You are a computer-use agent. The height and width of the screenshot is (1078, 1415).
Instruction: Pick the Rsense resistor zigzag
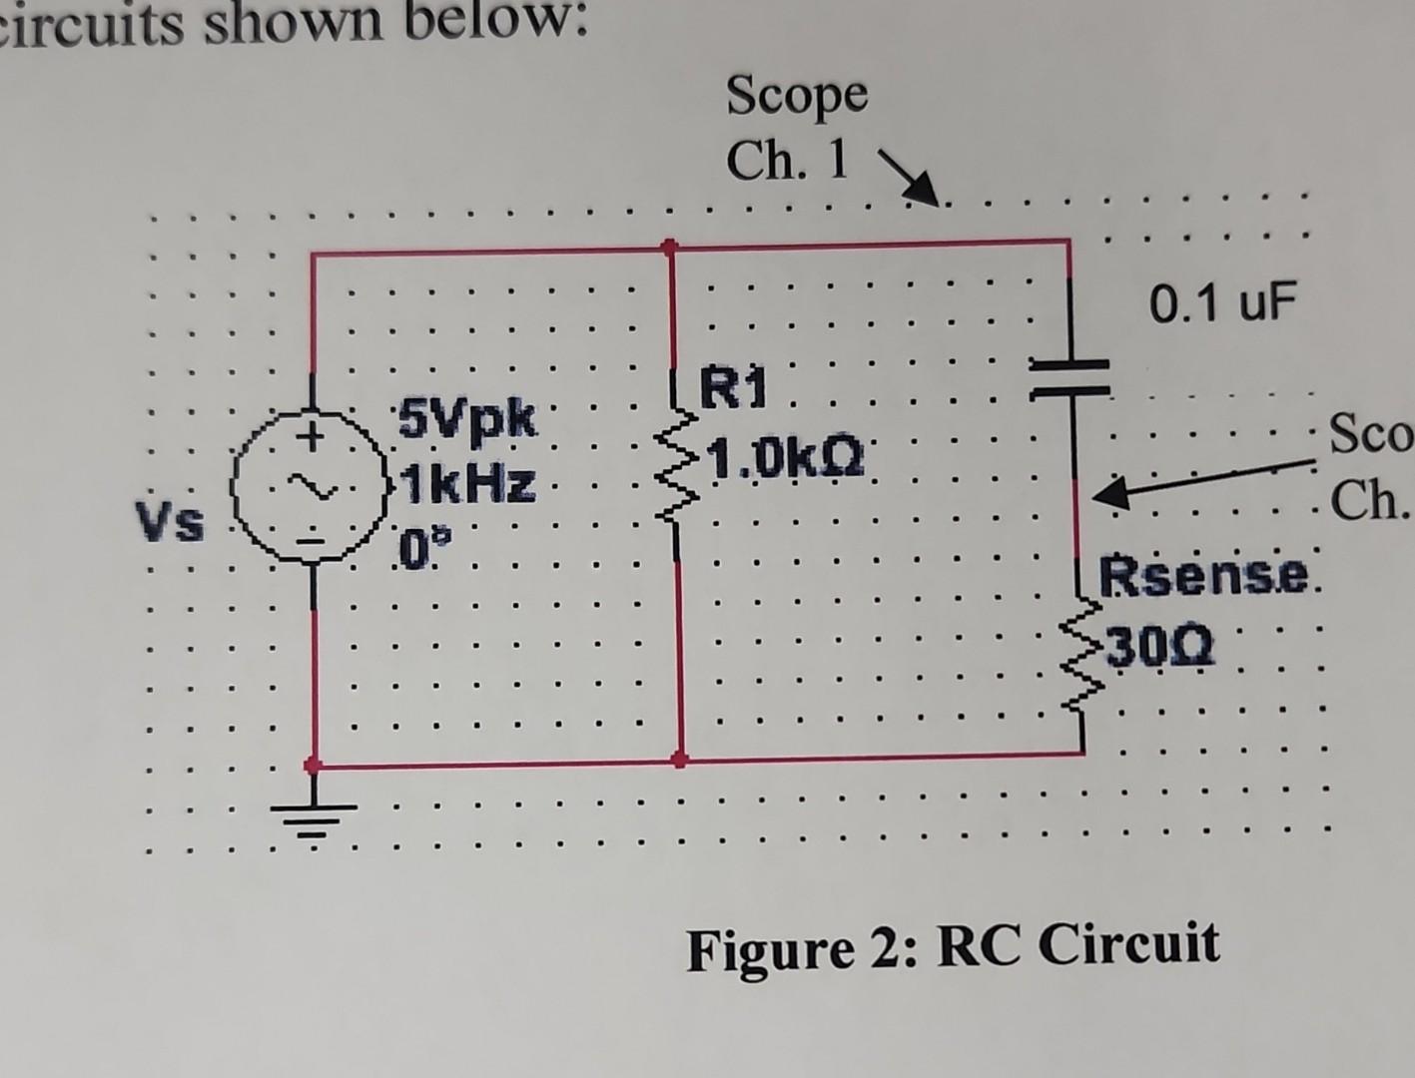(1082, 653)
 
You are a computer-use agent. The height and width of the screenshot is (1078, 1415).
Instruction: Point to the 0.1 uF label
(1221, 302)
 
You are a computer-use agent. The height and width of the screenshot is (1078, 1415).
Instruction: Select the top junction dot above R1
(670, 245)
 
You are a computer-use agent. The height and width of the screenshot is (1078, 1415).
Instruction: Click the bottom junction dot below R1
(680, 760)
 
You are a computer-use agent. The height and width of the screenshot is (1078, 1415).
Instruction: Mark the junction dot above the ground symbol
(313, 766)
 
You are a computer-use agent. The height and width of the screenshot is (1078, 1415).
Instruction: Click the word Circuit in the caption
(1128, 944)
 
